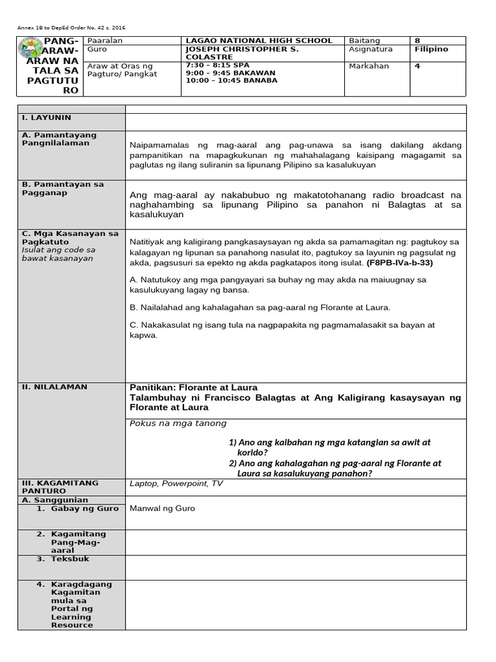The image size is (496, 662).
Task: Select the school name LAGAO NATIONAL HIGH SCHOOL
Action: pos(258,41)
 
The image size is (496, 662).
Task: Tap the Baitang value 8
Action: pos(417,41)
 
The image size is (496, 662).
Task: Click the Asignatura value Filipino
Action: pos(431,49)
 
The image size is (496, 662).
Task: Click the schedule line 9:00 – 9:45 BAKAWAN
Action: pos(230,73)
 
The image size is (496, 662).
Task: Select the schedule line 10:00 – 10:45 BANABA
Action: pos(231,81)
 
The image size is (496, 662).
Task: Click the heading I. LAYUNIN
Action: pos(46,118)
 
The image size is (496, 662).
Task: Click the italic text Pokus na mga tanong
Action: pos(178,423)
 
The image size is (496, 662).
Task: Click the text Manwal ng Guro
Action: pos(162,508)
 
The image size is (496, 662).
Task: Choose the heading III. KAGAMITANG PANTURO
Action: pos(59,487)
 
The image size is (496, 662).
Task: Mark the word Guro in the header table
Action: pos(97,49)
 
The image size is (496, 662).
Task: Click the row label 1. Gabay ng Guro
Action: pos(77,508)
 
